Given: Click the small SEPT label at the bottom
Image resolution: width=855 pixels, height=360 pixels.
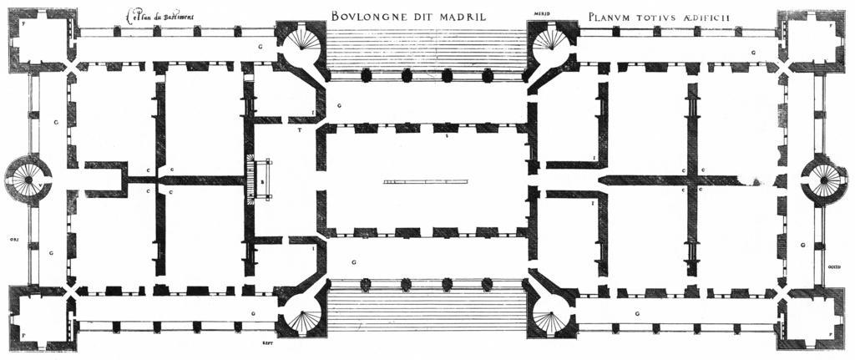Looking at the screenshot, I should click(x=267, y=342).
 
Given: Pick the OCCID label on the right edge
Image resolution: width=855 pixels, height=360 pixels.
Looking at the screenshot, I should click(x=835, y=267).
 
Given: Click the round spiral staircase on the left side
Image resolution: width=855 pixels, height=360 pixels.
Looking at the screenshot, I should click(x=28, y=178).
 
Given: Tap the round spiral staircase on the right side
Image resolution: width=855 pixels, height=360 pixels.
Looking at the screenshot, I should click(x=824, y=178).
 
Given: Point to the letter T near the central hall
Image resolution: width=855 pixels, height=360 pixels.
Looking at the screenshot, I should click(x=299, y=132).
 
